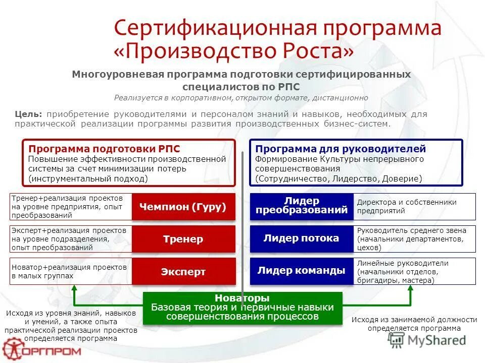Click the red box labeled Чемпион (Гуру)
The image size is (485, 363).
[x=184, y=207]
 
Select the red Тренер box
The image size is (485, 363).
[x=184, y=239]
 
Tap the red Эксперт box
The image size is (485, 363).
[x=184, y=272]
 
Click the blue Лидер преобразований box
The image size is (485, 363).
[x=302, y=206]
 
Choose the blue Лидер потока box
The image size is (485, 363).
[x=302, y=238]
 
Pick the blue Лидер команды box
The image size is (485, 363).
[x=302, y=271]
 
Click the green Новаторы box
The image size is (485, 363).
[x=242, y=308]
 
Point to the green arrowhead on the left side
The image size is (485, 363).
[x=75, y=289]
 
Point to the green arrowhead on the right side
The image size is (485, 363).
[x=411, y=289]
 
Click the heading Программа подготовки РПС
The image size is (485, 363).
[x=104, y=149]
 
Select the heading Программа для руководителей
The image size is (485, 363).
[x=341, y=149]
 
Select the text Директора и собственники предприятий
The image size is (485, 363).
[x=407, y=206]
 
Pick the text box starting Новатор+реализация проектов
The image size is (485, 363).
[x=70, y=271]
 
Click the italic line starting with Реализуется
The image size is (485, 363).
[x=241, y=98]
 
